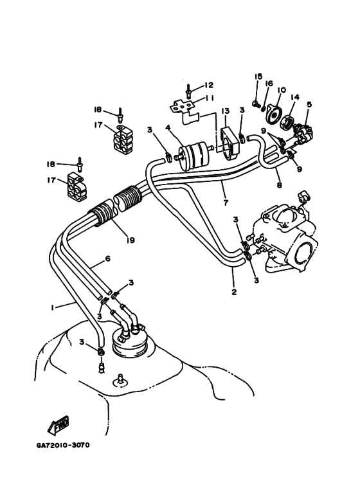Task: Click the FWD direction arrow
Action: coord(59,426)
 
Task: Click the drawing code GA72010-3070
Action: coord(63,446)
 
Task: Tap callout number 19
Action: coord(130,240)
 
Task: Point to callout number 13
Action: coord(225,111)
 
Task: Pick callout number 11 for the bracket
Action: coord(209,98)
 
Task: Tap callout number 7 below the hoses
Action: coord(226,203)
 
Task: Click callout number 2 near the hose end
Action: coord(234,292)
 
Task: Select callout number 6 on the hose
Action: coord(107,258)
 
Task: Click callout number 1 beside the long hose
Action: coord(52,307)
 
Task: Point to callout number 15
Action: coord(258,76)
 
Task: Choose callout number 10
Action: coord(281,90)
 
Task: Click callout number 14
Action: coord(295,96)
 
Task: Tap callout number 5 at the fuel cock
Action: coord(309,104)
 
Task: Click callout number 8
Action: coord(279,185)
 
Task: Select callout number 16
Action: coord(269,84)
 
